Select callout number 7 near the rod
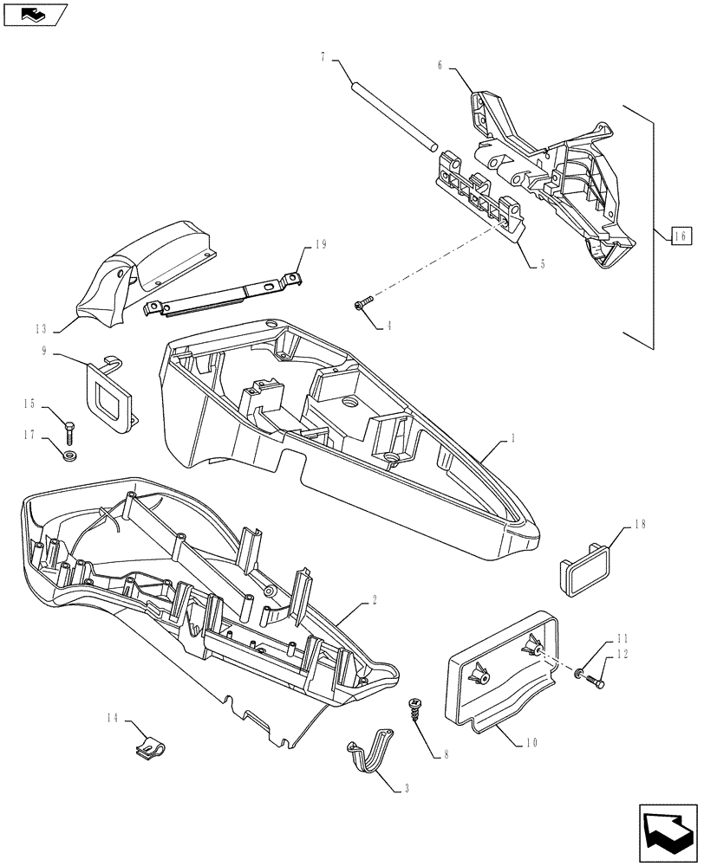click(323, 58)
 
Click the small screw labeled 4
click(362, 302)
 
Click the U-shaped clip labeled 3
click(371, 754)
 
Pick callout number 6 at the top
click(440, 65)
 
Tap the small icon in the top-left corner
click(34, 13)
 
